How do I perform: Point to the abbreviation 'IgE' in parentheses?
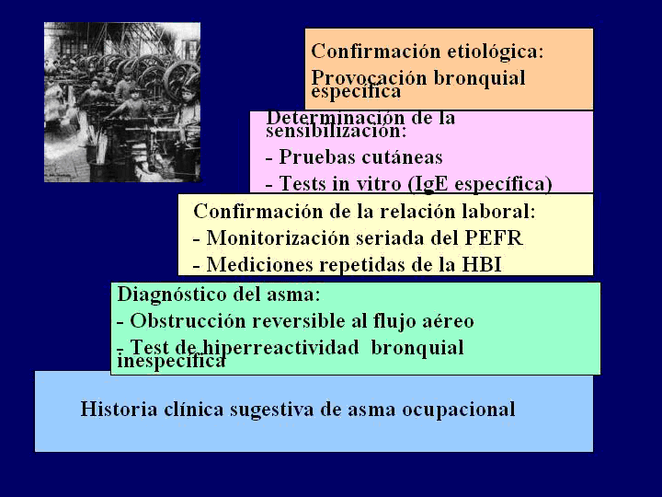pyautogui.click(x=431, y=184)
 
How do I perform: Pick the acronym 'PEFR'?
pyautogui.click(x=494, y=238)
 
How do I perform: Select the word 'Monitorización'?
pyautogui.click(x=278, y=238)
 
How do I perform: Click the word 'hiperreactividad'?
pyautogui.click(x=280, y=348)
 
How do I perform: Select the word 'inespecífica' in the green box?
pyautogui.click(x=171, y=362)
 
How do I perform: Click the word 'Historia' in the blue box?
pyautogui.click(x=119, y=409)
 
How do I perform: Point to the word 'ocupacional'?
pyautogui.click(x=459, y=410)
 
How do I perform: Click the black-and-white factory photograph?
pyautogui.click(x=122, y=102)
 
